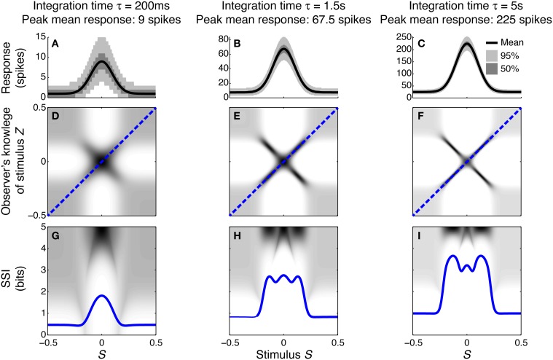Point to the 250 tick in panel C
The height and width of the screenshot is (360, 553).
402,36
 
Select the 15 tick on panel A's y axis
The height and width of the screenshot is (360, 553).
37,36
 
